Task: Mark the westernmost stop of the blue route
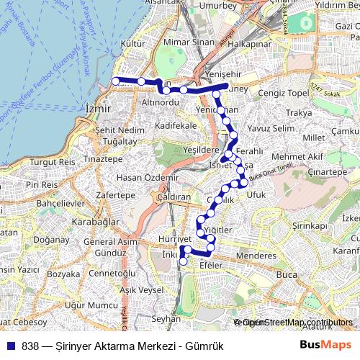pos(116,81)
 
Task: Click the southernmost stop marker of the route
pos(183,262)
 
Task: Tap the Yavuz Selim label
pos(271,128)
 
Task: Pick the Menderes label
pos(256,255)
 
